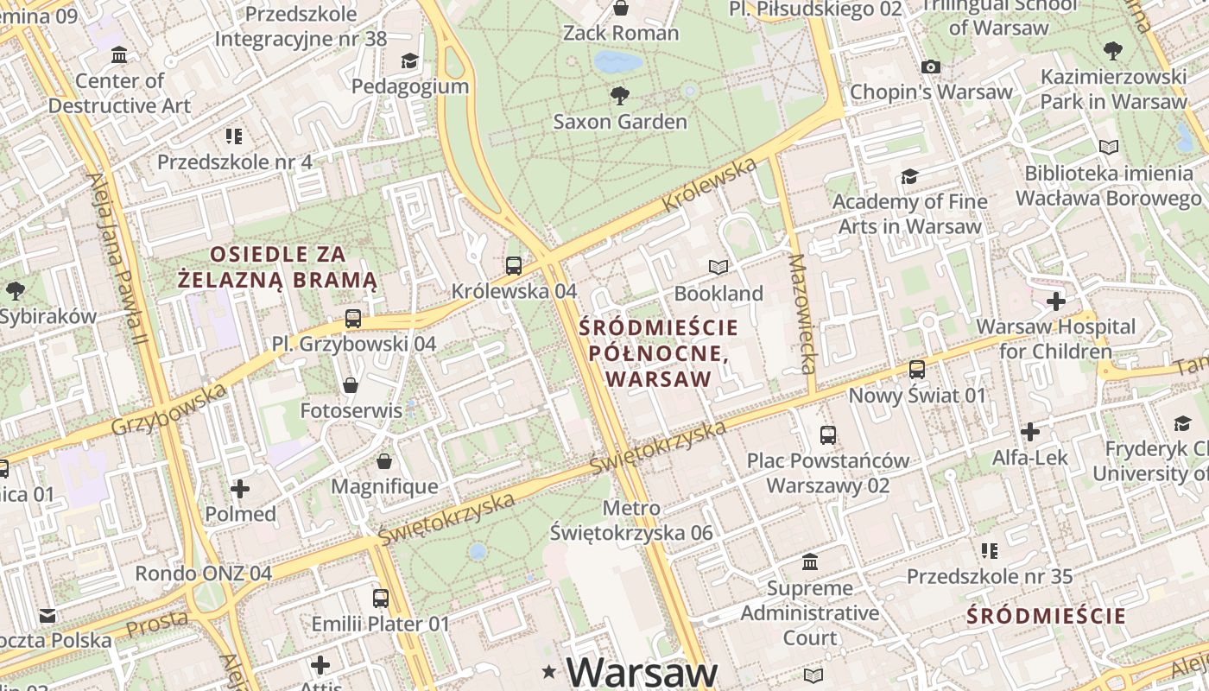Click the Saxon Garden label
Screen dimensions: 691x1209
(620, 121)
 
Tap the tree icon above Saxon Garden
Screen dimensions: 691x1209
(619, 94)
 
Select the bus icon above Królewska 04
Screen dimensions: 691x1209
(514, 265)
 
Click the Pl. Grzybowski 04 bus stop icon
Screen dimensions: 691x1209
(353, 318)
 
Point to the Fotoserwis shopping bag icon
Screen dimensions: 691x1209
(351, 384)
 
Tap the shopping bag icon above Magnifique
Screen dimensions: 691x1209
(384, 461)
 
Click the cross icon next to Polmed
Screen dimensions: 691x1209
(240, 489)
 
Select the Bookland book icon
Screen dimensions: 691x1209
(718, 267)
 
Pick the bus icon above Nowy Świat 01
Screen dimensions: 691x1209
(917, 370)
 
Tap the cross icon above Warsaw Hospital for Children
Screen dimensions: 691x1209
(1055, 301)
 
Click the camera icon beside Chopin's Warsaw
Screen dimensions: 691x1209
(930, 67)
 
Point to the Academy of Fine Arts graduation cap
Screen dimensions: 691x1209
(909, 176)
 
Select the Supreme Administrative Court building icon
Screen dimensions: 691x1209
(810, 562)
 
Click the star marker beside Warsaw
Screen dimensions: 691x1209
(548, 672)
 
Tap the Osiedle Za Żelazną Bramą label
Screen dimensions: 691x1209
(278, 267)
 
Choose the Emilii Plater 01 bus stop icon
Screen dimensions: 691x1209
(380, 598)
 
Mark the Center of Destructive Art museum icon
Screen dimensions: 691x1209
(119, 56)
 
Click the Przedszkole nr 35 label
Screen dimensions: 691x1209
(990, 576)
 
